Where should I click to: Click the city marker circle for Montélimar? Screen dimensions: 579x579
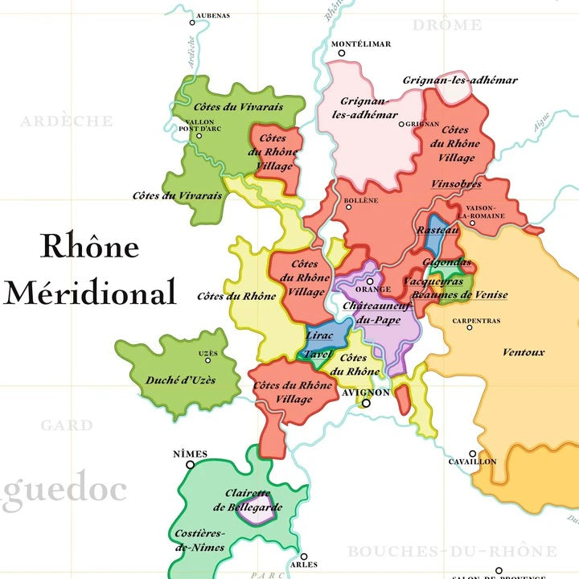tap(341, 53)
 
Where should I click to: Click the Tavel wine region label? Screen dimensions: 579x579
tap(318, 355)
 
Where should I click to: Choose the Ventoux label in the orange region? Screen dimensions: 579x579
tap(524, 352)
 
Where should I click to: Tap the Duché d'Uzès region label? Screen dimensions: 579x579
tap(181, 380)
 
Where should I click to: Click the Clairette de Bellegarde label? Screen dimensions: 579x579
tap(248, 500)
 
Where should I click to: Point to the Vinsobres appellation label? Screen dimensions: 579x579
tap(456, 183)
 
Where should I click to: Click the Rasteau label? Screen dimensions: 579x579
tap(437, 230)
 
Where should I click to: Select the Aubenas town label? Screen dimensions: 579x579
tap(213, 15)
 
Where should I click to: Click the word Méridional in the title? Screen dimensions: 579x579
tap(90, 291)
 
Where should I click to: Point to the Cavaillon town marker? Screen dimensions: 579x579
tap(474, 454)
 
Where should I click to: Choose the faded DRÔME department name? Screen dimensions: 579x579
tap(447, 26)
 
